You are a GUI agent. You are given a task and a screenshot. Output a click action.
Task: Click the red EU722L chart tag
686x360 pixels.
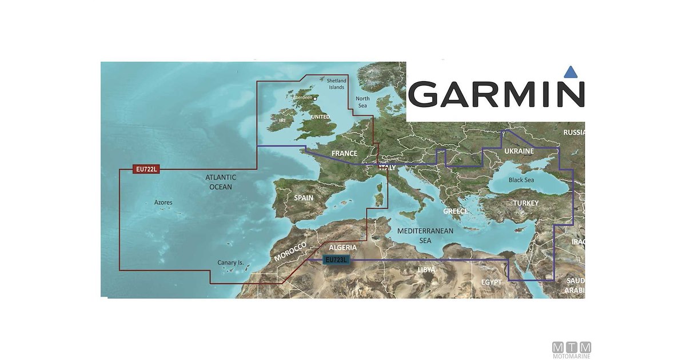coord(147,169)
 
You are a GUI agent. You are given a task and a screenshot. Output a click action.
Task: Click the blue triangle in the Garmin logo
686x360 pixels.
coord(569,72)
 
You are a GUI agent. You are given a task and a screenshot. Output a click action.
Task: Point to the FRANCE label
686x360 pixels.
coord(344,153)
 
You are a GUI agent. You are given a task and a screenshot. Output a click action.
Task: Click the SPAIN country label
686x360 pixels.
coord(304,198)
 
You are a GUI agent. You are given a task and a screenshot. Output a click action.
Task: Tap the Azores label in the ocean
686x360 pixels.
coord(163,203)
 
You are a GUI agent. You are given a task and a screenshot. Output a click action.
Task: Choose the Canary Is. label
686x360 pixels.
coord(230,263)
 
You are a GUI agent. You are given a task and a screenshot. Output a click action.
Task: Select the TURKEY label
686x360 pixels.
coord(525,203)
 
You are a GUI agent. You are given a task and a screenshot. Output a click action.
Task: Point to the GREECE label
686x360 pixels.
coord(456,211)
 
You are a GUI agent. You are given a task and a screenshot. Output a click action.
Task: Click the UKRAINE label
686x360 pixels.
coord(519,151)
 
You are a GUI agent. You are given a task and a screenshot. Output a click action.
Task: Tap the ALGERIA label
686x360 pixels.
coord(344,248)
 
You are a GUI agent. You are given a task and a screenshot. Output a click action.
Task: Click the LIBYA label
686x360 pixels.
coord(426,270)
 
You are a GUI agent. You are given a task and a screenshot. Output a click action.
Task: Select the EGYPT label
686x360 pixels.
coord(491,282)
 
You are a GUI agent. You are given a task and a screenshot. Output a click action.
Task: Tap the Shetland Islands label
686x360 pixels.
coord(336,84)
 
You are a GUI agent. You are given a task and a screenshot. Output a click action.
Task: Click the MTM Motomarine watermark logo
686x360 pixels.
coord(572,349)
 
